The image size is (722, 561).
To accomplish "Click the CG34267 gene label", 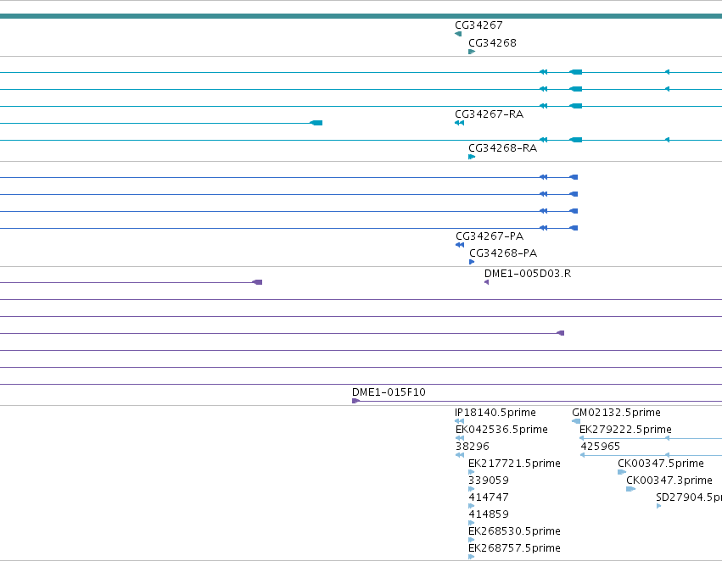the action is (479, 25).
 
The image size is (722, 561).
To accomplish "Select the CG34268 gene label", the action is (492, 43).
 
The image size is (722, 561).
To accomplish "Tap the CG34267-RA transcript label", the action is (489, 114).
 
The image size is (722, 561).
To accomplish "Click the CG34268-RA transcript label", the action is (502, 148).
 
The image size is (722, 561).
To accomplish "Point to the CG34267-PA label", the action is (490, 236).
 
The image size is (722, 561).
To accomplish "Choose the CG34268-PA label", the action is (503, 253).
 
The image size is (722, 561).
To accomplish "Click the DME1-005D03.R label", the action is (528, 274).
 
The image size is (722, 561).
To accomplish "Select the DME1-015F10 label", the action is (389, 392).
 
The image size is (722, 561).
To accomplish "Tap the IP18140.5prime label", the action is (495, 413).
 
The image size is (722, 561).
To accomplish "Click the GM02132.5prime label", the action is (616, 413).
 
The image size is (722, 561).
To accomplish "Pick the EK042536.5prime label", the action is (501, 430).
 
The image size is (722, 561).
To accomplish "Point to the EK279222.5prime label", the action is (625, 430).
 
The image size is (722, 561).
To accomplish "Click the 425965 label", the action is (600, 447).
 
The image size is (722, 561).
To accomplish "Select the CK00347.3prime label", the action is (669, 480).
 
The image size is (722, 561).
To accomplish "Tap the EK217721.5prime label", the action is (514, 464).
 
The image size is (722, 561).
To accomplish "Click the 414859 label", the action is (489, 514).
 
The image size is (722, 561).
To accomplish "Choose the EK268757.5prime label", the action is (514, 548).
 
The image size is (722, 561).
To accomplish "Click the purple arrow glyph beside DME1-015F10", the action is (355, 401).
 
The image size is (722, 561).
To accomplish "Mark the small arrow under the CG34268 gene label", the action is (472, 52).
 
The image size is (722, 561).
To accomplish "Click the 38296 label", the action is (473, 447).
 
